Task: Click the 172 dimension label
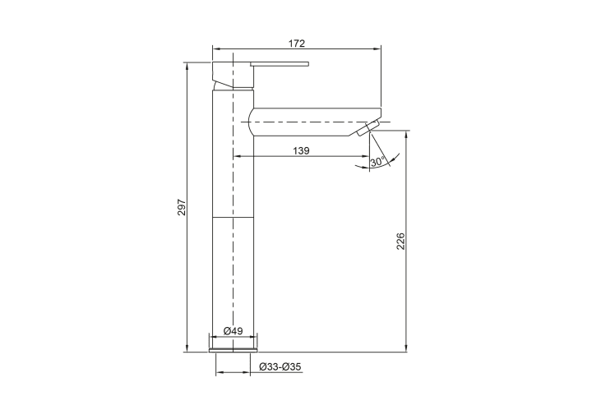click(x=296, y=44)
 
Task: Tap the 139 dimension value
click(x=301, y=151)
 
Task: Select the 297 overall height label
click(x=182, y=207)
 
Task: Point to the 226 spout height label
click(x=400, y=242)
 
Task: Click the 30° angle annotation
click(x=377, y=162)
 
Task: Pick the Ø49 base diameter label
click(x=233, y=331)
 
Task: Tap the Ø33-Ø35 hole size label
click(x=280, y=366)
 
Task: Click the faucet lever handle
click(x=280, y=64)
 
